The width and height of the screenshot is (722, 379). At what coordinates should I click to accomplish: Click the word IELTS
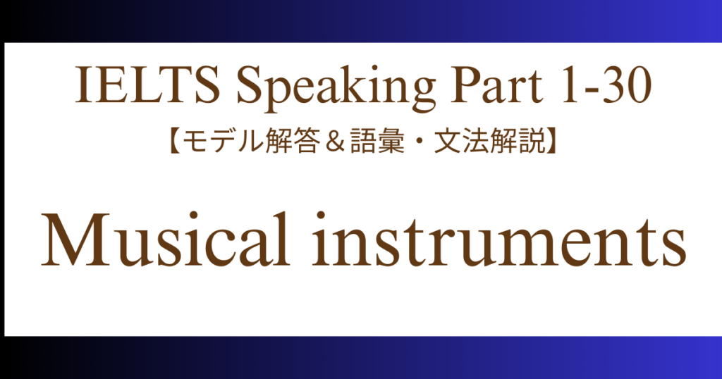click(x=147, y=85)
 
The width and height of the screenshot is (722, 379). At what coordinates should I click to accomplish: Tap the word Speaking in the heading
click(x=336, y=89)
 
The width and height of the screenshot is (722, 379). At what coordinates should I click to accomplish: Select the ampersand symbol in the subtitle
click(x=335, y=141)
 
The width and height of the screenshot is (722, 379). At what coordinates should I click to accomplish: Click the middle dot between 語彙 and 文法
click(x=419, y=141)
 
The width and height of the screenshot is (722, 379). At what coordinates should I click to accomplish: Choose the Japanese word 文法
click(x=460, y=140)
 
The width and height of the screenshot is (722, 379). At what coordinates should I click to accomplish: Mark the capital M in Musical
click(x=76, y=240)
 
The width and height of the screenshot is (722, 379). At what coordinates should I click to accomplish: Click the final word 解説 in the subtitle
click(x=515, y=140)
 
